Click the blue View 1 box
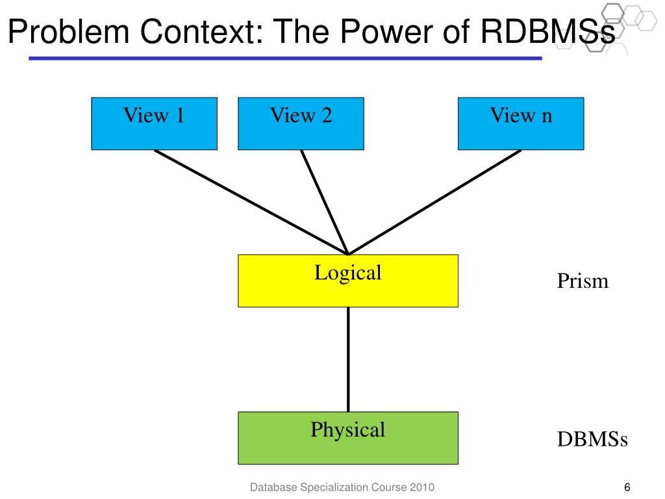(x=155, y=123)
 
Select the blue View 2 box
(x=301, y=123)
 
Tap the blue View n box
(x=521, y=123)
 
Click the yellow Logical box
(x=348, y=281)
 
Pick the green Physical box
(x=348, y=438)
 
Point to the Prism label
(x=583, y=281)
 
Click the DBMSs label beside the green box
(x=592, y=439)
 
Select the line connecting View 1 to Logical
(x=251, y=203)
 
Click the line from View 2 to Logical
(x=325, y=203)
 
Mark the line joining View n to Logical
(x=434, y=203)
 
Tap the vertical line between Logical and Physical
(x=348, y=359)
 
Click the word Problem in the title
(x=69, y=32)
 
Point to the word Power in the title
(x=387, y=32)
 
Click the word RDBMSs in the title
(x=547, y=32)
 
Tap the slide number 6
(x=627, y=487)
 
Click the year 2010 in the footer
(x=421, y=487)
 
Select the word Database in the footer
(x=273, y=487)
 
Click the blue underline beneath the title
(x=286, y=58)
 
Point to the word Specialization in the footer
(x=333, y=487)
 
